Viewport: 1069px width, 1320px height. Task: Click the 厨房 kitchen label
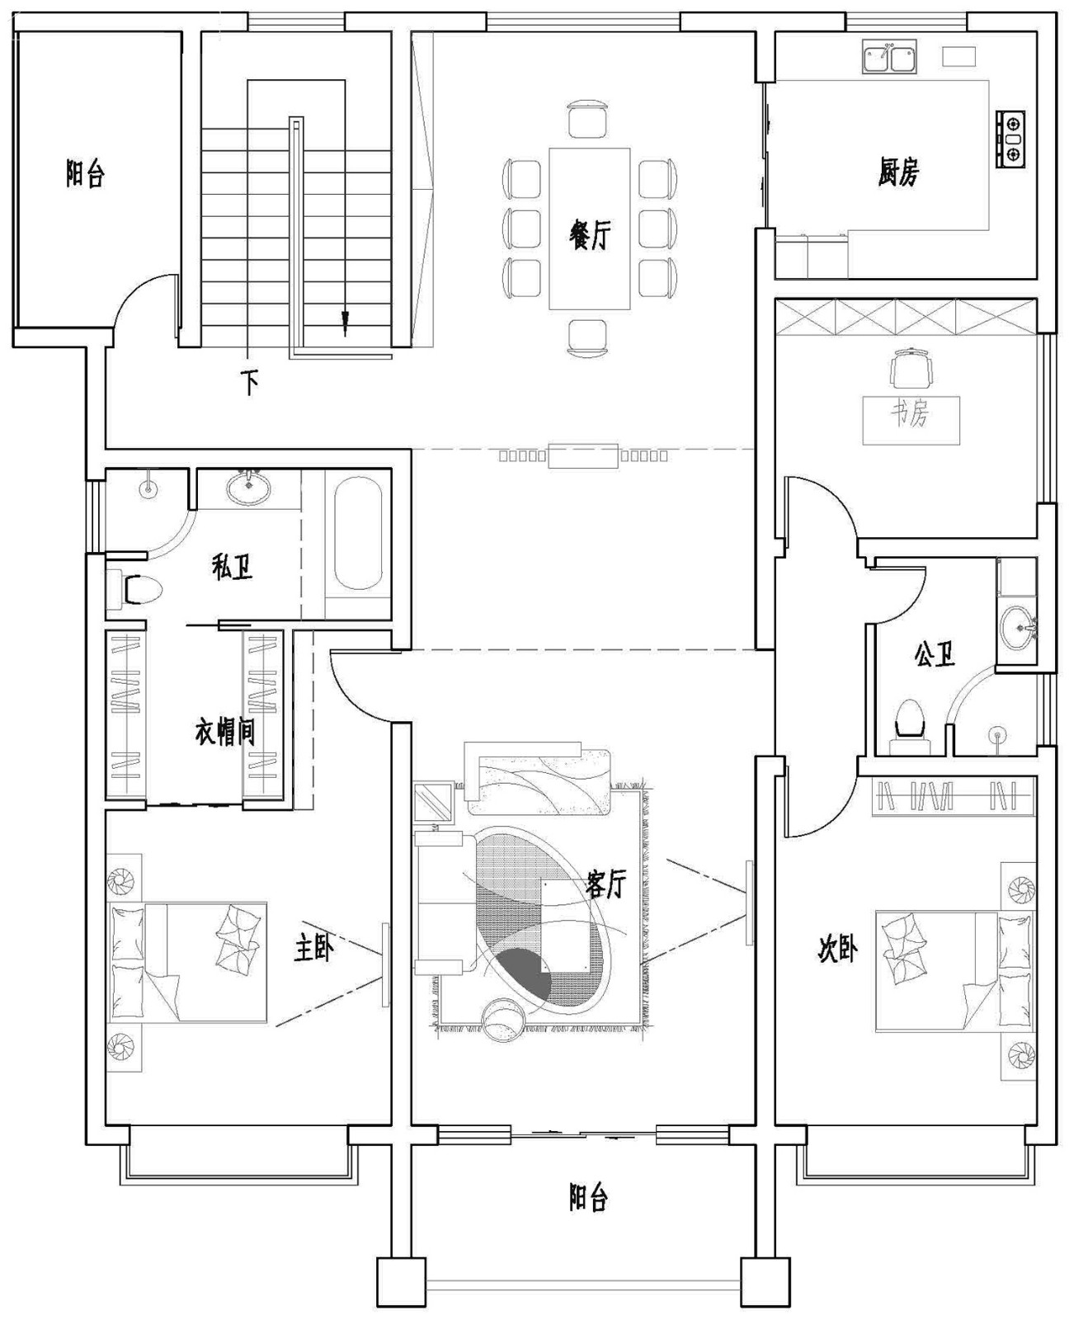[898, 172]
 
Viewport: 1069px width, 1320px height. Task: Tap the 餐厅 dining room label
[589, 235]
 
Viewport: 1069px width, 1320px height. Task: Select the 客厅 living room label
[605, 883]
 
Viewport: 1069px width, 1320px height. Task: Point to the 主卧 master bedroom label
[313, 948]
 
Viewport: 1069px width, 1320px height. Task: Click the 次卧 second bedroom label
[836, 948]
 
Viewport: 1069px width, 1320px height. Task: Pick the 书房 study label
[910, 413]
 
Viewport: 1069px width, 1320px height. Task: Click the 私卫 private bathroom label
[233, 567]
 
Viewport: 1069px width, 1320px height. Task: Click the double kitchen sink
[888, 58]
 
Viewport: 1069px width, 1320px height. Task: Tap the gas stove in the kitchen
[1010, 139]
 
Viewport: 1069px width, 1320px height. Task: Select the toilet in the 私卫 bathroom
[135, 589]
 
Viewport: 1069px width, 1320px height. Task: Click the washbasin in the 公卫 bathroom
[1017, 626]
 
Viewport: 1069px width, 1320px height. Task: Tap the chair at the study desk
[911, 370]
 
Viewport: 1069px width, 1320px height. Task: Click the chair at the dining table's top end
[586, 119]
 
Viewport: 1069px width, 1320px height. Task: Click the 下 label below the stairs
[249, 382]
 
